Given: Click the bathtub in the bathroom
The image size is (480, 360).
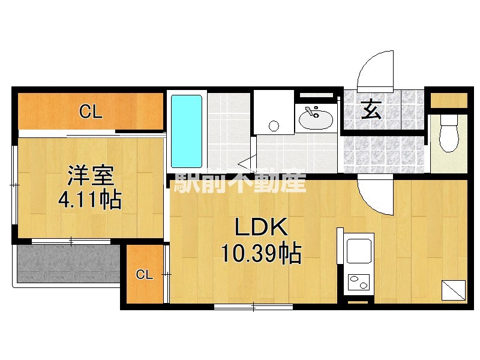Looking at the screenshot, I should [x=187, y=131].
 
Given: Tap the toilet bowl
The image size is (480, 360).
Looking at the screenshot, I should [x=448, y=136].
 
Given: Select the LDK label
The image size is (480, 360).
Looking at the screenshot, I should [x=261, y=228].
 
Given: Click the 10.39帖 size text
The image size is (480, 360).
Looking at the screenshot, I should [x=261, y=255].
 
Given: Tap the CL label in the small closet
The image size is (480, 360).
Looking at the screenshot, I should [x=143, y=275].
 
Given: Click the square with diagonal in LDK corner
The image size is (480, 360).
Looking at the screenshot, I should [x=454, y=290].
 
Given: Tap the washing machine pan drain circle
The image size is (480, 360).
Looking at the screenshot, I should [x=274, y=126].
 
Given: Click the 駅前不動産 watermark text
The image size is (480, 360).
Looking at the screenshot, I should [x=240, y=182].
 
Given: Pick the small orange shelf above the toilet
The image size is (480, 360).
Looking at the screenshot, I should [x=448, y=100].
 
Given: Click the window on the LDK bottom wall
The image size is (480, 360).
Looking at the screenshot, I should [x=253, y=307].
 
